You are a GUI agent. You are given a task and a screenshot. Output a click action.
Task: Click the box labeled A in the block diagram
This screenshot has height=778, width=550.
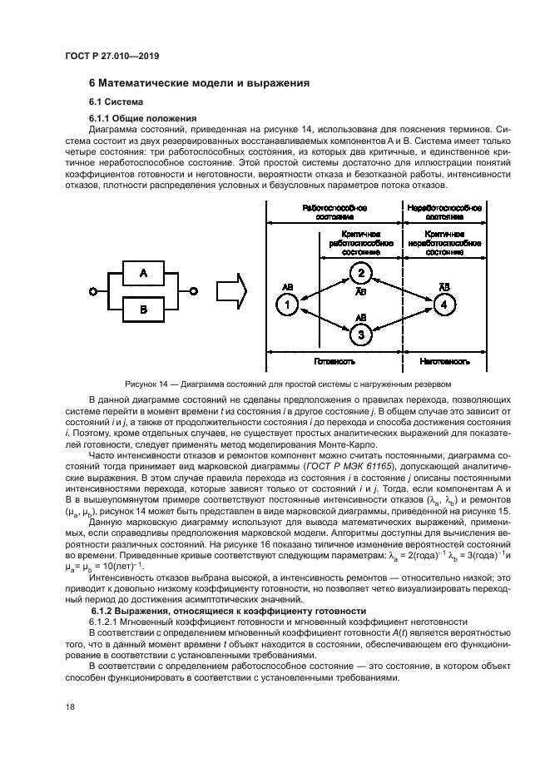tap(142, 272)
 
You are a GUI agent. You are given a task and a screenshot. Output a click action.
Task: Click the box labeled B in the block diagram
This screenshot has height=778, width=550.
tap(142, 310)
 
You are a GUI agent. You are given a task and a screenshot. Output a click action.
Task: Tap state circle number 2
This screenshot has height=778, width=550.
tap(359, 274)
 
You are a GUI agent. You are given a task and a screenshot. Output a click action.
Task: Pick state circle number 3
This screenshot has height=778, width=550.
tap(359, 335)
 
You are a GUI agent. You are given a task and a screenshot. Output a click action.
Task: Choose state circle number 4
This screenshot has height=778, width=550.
tap(447, 305)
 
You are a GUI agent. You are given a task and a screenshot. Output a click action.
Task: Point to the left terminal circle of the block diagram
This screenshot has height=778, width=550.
tap(93, 291)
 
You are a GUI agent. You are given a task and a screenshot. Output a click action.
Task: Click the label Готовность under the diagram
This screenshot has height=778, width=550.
tap(334, 363)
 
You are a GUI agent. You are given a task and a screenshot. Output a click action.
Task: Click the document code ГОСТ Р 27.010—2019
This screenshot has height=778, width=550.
tap(111, 55)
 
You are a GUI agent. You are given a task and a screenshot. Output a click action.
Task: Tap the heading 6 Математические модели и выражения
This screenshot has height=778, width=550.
tap(199, 83)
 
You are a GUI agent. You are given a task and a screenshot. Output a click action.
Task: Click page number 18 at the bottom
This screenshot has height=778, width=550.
tap(70, 707)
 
